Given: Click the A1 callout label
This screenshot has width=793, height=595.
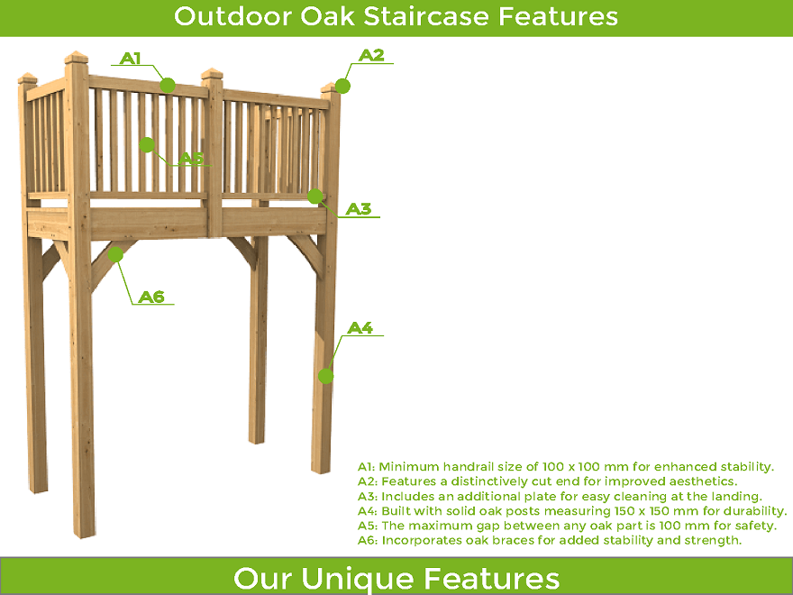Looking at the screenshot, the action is [x=131, y=59].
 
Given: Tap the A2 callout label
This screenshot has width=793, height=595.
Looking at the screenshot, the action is [x=371, y=55].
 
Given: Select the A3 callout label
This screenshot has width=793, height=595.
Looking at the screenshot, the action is [x=359, y=208].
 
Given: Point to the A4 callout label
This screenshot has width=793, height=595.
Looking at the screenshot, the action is [x=360, y=328].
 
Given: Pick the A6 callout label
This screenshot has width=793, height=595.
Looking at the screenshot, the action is [x=151, y=297].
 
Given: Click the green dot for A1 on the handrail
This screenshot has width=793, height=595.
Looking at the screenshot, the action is [x=168, y=86].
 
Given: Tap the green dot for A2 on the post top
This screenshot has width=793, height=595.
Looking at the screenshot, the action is [x=343, y=86].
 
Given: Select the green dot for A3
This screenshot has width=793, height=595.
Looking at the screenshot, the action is [x=315, y=196].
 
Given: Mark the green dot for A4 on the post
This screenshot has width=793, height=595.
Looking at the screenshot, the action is [x=325, y=376].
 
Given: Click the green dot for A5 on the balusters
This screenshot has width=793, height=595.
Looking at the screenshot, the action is [x=147, y=145].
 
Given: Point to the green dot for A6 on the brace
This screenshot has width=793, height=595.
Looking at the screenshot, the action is [x=116, y=254].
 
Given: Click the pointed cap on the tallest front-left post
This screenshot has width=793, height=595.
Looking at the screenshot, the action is [x=77, y=57].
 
